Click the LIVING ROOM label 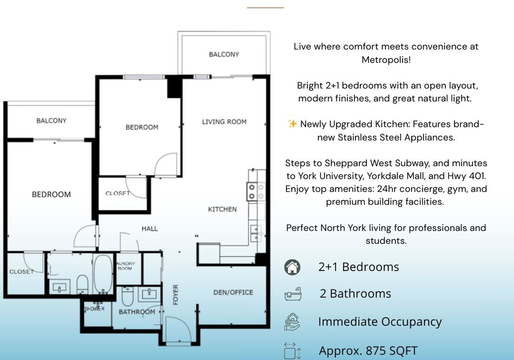(224, 122)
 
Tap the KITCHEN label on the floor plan (222, 209)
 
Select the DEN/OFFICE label (233, 292)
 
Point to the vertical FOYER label (176, 295)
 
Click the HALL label (150, 229)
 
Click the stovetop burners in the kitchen (256, 191)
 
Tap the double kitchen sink (256, 233)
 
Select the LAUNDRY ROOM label (125, 266)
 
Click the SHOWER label (94, 309)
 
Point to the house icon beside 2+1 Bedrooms (292, 267)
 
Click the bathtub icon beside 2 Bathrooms (293, 294)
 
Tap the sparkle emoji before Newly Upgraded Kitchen (292, 124)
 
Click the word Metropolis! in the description (386, 59)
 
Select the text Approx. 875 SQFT (368, 350)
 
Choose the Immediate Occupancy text (380, 321)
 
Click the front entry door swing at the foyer (178, 329)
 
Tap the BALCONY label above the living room (224, 55)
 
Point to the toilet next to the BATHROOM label (127, 296)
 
